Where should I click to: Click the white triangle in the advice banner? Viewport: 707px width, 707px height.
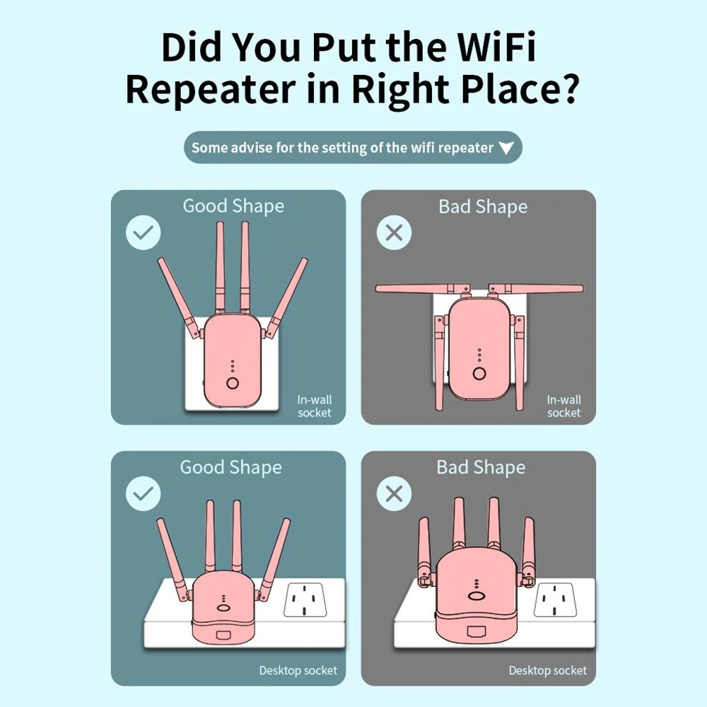tap(506, 148)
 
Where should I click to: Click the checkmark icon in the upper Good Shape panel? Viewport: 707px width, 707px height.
tap(144, 233)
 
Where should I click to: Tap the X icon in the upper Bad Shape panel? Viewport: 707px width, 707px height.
tap(394, 233)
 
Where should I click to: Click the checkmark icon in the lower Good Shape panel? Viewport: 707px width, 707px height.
tap(144, 493)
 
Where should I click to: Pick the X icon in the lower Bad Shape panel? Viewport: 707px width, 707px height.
tap(394, 493)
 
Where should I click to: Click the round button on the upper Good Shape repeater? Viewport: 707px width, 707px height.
tap(233, 383)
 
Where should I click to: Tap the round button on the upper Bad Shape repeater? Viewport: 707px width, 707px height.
tap(479, 373)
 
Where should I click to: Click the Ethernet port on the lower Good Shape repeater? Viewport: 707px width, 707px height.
tap(223, 636)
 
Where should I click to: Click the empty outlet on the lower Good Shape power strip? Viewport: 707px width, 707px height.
tap(305, 600)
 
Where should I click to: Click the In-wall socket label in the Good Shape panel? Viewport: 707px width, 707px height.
tap(315, 407)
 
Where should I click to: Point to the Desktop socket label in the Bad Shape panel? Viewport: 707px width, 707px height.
tap(548, 670)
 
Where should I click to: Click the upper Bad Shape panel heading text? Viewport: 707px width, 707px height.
tap(483, 207)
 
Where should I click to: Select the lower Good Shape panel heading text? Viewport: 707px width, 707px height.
tap(231, 467)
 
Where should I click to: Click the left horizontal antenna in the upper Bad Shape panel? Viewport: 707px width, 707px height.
tap(422, 288)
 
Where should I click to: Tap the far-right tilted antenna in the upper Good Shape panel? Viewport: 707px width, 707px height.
tap(287, 298)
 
